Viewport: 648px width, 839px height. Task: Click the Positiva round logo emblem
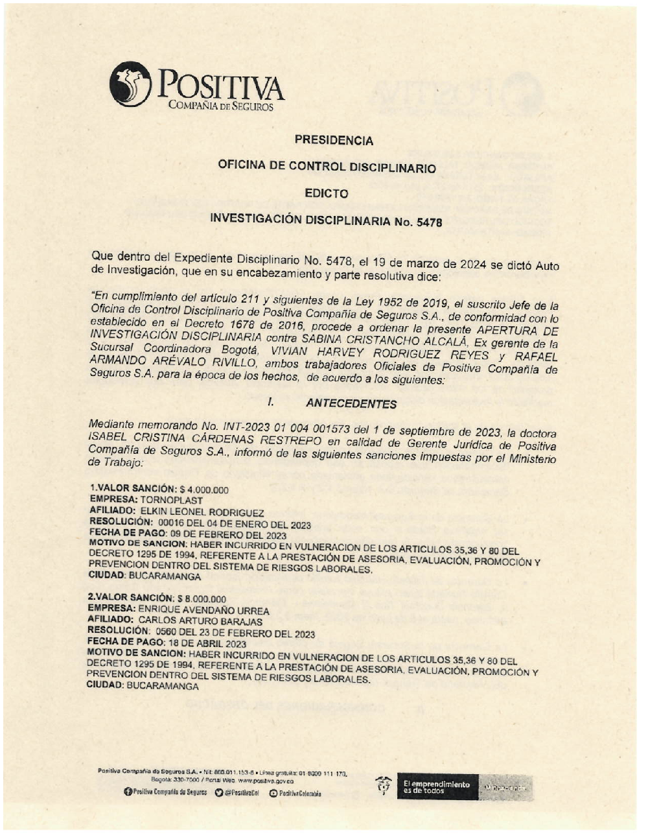pyautogui.click(x=130, y=84)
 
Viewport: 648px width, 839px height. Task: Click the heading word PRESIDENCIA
pyautogui.click(x=334, y=140)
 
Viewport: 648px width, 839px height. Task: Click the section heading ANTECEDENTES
pyautogui.click(x=351, y=403)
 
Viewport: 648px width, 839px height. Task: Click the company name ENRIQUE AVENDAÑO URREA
pyautogui.click(x=203, y=610)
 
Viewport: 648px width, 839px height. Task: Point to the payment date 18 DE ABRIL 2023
pyautogui.click(x=207, y=644)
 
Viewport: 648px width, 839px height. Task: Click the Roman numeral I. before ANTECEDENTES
pyautogui.click(x=270, y=402)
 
